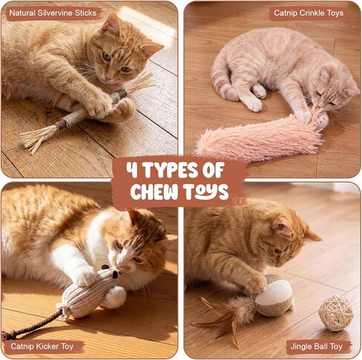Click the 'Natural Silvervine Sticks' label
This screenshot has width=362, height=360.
click(x=53, y=13)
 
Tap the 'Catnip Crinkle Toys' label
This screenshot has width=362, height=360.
click(x=309, y=13)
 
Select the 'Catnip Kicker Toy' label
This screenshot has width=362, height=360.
click(x=42, y=346)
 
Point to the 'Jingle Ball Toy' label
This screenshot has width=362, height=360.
click(x=316, y=347)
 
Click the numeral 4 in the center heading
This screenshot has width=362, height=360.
click(x=133, y=170)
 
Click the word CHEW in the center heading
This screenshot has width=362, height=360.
click(x=157, y=192)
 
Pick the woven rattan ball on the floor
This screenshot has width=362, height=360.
click(x=335, y=313)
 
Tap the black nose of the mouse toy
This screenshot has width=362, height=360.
click(x=116, y=274)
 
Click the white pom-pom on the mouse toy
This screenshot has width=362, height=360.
click(x=115, y=298)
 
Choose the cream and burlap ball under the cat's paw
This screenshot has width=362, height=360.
click(x=273, y=295)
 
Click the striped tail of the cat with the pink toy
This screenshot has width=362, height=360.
click(x=221, y=79)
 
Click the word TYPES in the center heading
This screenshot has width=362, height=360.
click(x=183, y=170)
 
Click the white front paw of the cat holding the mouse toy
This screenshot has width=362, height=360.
click(x=85, y=275)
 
